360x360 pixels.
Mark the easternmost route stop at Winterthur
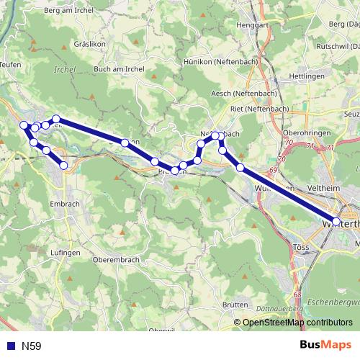click(x=337, y=222)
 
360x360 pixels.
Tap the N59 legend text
click(x=31, y=346)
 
